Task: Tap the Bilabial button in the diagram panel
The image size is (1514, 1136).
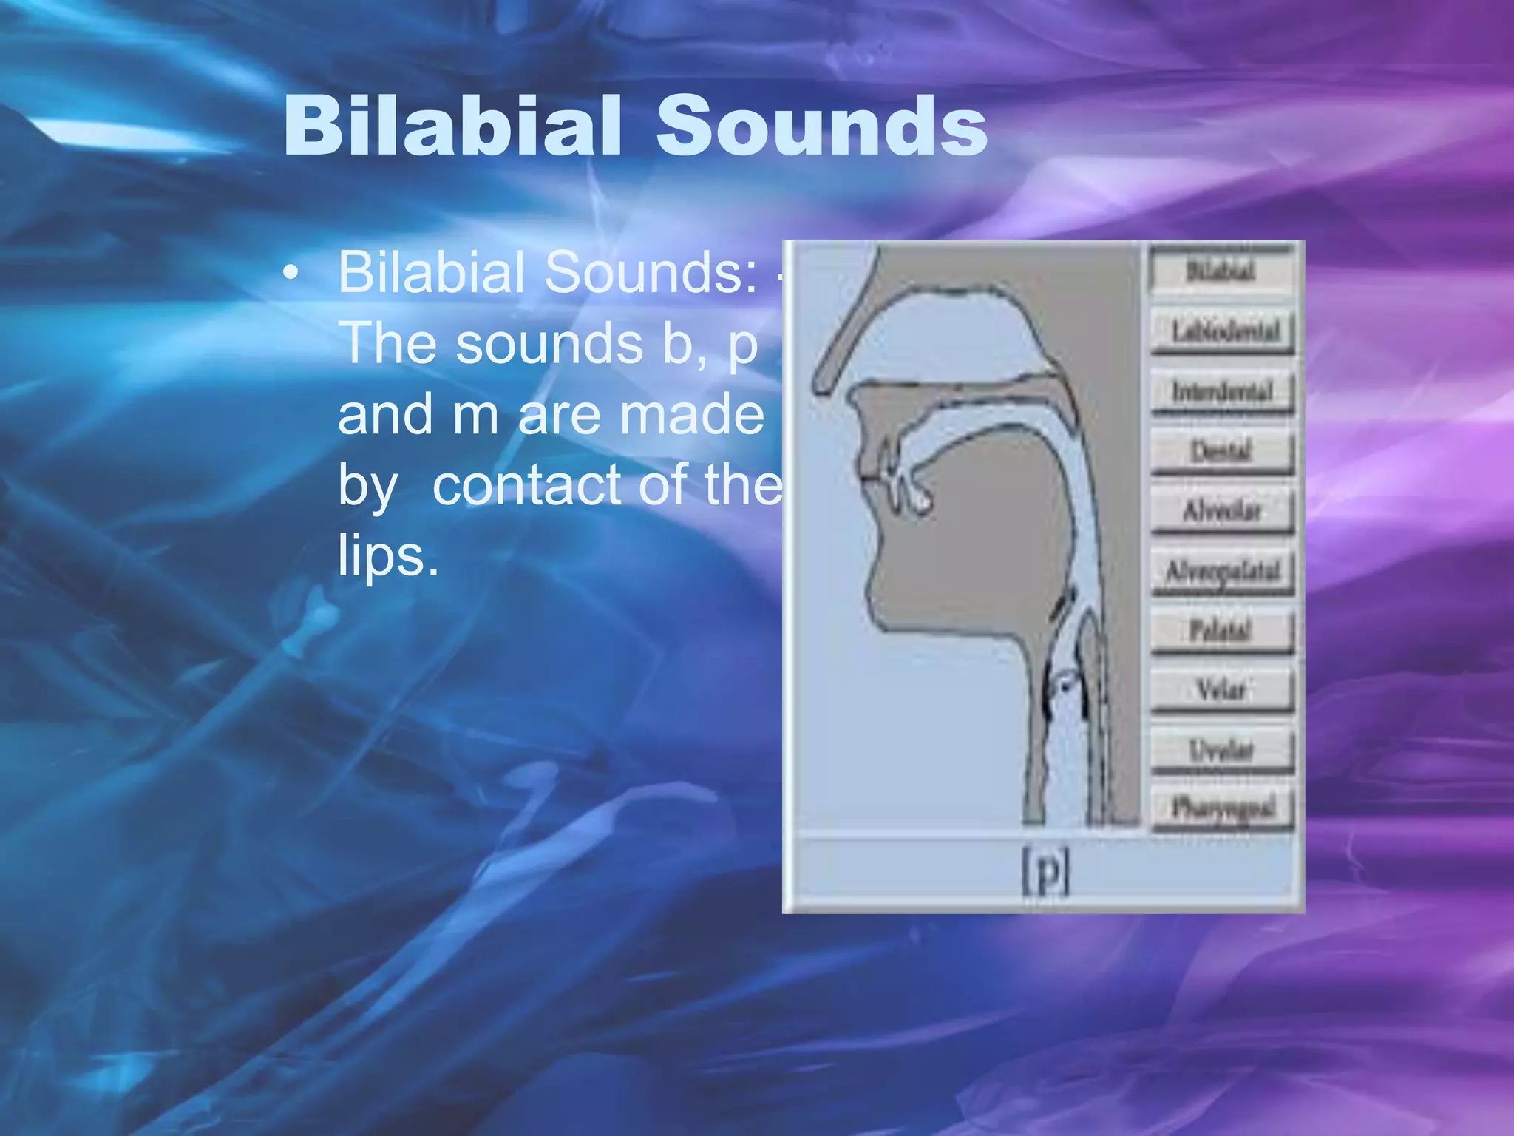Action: point(1221,271)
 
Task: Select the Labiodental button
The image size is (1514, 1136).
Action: point(1223,331)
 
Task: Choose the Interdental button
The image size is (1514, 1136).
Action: point(1223,391)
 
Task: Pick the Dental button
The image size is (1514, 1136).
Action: point(1221,451)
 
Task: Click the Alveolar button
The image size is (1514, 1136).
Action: point(1223,511)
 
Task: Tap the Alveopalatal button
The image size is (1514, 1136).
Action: point(1223,571)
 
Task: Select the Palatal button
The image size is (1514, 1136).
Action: point(1221,631)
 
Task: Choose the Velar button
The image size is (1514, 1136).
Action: point(1221,691)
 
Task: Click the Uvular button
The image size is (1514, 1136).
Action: point(1221,751)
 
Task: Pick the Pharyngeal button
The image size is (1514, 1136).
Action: point(1223,808)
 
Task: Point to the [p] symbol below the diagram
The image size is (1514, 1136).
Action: point(1045,873)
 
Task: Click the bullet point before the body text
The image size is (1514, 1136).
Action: point(291,274)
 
